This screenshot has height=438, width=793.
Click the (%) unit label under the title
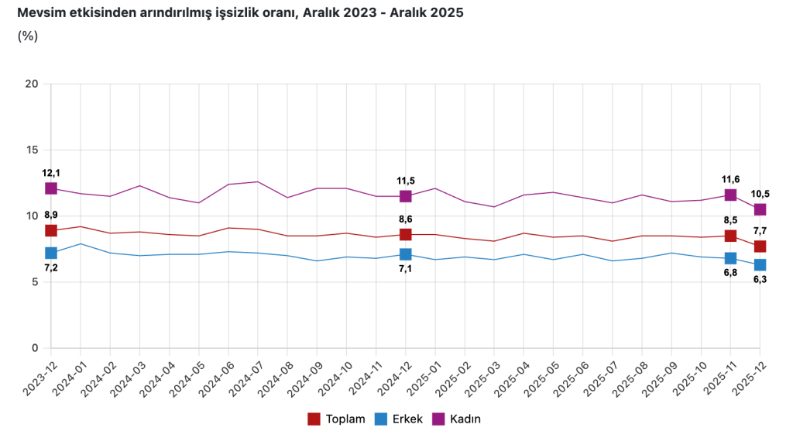point(27,36)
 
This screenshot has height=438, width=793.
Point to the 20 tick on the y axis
point(33,84)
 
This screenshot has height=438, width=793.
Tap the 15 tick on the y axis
point(33,150)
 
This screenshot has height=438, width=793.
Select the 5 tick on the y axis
point(36,282)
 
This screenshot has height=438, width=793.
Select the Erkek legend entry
point(399,419)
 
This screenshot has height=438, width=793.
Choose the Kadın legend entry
point(457,419)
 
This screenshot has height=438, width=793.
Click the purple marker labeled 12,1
point(51,188)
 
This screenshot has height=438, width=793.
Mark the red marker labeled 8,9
point(51,230)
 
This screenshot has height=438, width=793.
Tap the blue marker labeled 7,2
point(51,253)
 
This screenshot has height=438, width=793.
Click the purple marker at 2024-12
point(406,196)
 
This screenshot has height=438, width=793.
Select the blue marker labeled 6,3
point(760,265)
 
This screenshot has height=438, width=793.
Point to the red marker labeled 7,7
point(760,247)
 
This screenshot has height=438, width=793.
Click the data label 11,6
point(730,179)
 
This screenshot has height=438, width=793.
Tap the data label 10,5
point(760,194)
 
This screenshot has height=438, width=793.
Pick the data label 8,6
point(406,219)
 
